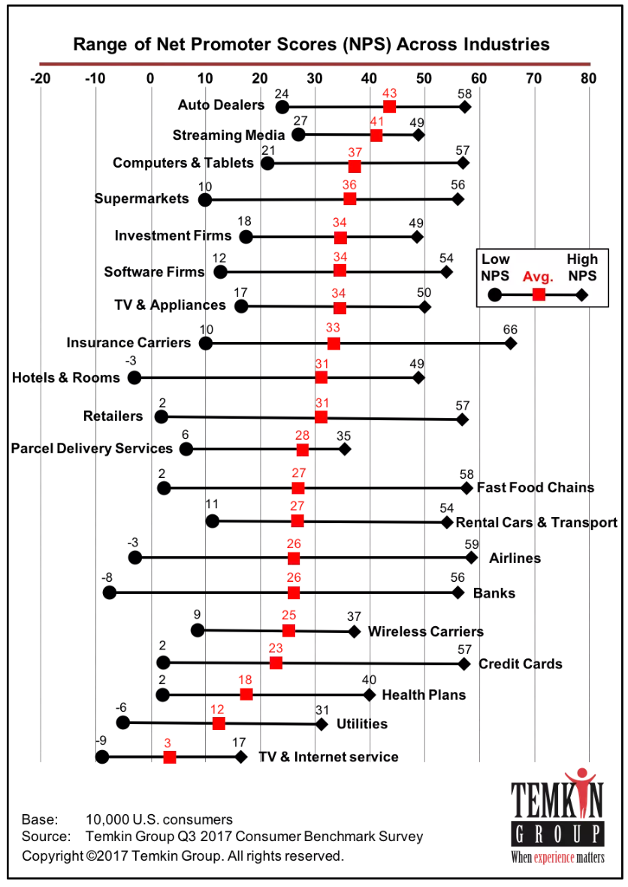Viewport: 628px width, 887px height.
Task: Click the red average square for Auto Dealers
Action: click(389, 106)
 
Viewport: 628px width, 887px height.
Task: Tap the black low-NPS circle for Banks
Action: click(109, 592)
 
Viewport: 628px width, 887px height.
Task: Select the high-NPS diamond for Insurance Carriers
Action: click(510, 344)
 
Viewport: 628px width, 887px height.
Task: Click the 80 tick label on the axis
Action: click(588, 78)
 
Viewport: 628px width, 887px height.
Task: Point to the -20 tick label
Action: click(40, 78)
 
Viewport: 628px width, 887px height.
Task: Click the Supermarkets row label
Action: click(141, 198)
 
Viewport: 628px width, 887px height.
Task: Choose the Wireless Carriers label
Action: click(426, 631)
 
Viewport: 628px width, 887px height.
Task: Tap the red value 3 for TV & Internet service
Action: click(168, 743)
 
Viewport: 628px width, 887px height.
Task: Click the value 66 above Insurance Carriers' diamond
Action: click(510, 329)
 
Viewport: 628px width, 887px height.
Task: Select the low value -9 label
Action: click(101, 740)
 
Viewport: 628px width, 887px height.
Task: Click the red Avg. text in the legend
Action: click(538, 277)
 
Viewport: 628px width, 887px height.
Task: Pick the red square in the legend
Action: click(539, 294)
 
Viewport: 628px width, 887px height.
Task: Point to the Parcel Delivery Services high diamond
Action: click(344, 450)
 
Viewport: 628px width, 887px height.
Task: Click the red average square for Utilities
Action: click(219, 723)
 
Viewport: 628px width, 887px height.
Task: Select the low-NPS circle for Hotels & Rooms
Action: click(134, 377)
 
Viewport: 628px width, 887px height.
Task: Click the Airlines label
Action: click(515, 559)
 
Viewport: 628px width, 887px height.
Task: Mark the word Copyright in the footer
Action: click(53, 856)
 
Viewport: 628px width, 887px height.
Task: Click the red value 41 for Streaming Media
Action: click(377, 121)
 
